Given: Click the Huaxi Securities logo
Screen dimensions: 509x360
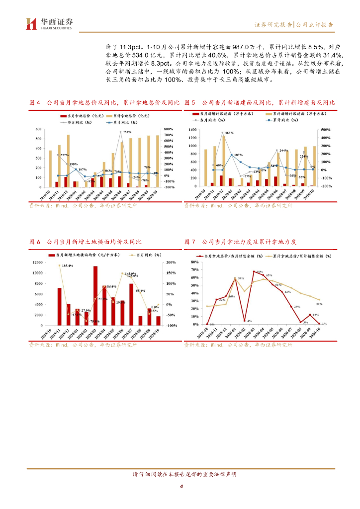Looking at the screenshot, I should point(49,23).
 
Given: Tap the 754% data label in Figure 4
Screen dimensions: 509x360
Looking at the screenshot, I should point(127,132).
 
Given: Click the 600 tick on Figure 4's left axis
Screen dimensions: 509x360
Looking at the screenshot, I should point(38,129).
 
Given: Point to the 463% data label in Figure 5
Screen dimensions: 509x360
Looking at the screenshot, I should point(229,133).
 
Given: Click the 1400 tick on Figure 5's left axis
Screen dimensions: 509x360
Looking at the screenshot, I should point(193,129).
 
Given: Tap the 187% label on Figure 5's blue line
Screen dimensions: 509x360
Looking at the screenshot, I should point(239,155).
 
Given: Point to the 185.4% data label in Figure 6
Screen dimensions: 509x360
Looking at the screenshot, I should point(68,266).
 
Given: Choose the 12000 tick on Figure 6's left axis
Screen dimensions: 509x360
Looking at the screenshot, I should point(38,262).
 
